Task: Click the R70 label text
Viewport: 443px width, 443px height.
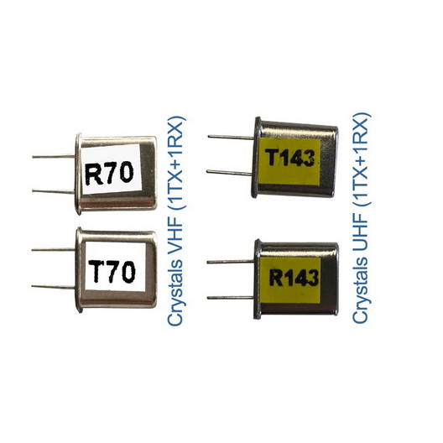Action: point(109,173)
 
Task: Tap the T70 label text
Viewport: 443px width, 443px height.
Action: point(112,271)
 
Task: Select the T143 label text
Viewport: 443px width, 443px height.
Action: point(291,158)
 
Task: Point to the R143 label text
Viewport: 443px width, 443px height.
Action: point(294,278)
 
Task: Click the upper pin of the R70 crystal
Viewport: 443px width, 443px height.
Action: point(54,156)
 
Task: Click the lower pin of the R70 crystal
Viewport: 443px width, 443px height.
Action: point(54,191)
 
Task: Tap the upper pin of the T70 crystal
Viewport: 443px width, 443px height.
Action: point(54,250)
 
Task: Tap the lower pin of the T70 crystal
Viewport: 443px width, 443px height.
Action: point(54,287)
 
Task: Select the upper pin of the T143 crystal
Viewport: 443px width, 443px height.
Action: point(231,138)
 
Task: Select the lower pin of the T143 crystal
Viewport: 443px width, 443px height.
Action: point(229,173)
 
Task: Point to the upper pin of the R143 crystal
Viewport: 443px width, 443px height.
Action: point(231,262)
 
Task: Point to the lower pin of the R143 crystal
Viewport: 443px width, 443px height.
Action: point(231,298)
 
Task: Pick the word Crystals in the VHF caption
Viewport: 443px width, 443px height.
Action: point(175,290)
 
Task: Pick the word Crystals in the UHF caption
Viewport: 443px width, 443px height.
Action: point(361,287)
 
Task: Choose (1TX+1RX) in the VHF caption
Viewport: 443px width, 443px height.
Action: point(176,164)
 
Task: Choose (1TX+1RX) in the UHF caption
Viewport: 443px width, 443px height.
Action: point(362,159)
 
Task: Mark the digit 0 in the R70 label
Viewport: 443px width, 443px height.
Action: point(127,171)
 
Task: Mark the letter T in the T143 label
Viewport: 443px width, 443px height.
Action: point(274,158)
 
